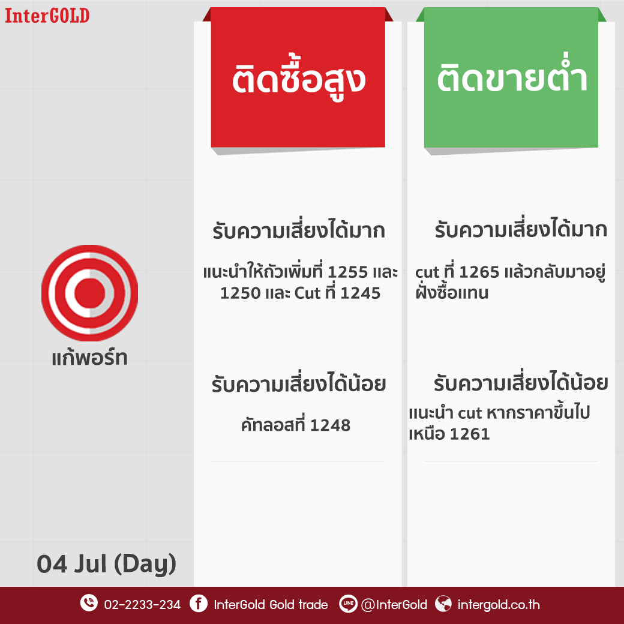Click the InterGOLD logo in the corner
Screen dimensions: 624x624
47,16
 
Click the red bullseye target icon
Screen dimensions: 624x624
89,293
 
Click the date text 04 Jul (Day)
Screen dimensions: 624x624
106,565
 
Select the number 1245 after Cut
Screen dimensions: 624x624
361,293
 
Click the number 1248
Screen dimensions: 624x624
331,425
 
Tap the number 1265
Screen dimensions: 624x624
479,272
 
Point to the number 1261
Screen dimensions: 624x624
470,434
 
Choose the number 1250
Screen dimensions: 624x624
240,293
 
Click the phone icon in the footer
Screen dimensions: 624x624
89,603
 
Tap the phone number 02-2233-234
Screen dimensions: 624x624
142,605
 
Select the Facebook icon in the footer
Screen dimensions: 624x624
199,604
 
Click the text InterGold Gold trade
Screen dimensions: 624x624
271,605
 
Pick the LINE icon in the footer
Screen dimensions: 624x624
348,604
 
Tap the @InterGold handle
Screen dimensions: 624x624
394,605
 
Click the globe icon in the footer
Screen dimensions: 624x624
443,604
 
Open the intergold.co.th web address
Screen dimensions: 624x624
499,605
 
